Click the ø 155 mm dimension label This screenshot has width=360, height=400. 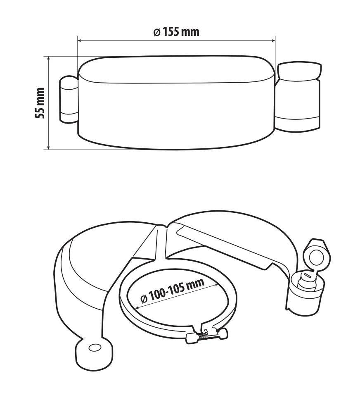[x=176, y=32]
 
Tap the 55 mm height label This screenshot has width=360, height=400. [x=40, y=103]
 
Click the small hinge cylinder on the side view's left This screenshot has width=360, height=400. [x=69, y=100]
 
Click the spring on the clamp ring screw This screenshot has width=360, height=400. [x=204, y=336]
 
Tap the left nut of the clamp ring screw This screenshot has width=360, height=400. [x=191, y=338]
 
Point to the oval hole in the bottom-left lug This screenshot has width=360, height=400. [x=95, y=348]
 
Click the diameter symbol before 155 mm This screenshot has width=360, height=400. [x=156, y=33]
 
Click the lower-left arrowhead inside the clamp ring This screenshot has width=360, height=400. [x=138, y=306]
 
